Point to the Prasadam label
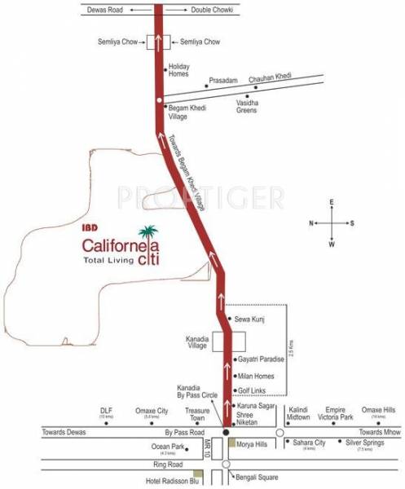[222, 81]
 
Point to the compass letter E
[331, 201]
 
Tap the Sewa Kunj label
[246, 317]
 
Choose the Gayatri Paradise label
[262, 359]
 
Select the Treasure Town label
[198, 414]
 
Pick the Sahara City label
[309, 443]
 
